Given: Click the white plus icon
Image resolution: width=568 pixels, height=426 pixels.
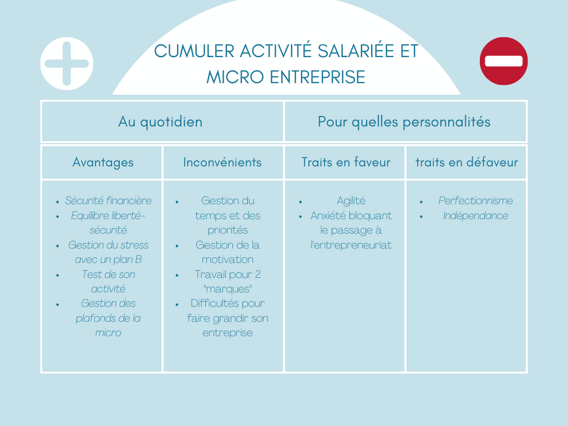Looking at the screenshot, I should pyautogui.click(x=67, y=63).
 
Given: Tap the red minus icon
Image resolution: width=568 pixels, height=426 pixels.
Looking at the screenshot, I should pyautogui.click(x=504, y=61).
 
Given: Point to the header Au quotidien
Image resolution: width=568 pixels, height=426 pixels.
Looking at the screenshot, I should pyautogui.click(x=160, y=121).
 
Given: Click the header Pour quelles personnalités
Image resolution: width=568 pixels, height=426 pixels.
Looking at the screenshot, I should pyautogui.click(x=404, y=121).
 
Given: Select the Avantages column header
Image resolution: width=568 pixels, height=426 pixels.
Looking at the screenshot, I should pyautogui.click(x=103, y=162).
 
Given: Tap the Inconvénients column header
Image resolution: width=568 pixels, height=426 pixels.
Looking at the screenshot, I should pyautogui.click(x=222, y=162).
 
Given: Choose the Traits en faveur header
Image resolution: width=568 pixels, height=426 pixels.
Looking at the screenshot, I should pyautogui.click(x=346, y=162).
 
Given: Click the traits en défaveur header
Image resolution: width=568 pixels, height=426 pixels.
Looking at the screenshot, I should pyautogui.click(x=466, y=162).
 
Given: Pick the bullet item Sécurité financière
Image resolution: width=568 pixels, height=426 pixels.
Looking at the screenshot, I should pyautogui.click(x=108, y=201).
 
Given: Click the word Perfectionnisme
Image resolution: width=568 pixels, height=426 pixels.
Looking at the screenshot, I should pyautogui.click(x=475, y=201).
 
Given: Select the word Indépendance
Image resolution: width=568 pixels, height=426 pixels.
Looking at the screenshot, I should pyautogui.click(x=475, y=216).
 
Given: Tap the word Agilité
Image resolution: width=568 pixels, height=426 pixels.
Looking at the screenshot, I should pyautogui.click(x=351, y=201).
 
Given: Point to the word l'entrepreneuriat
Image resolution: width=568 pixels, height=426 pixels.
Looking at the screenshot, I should pyautogui.click(x=351, y=245).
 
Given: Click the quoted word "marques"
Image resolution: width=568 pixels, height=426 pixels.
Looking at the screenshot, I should pyautogui.click(x=227, y=289).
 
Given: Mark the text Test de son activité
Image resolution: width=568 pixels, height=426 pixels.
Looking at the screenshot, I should pyautogui.click(x=108, y=281).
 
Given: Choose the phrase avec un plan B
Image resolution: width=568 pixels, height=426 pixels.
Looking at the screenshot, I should pyautogui.click(x=108, y=260).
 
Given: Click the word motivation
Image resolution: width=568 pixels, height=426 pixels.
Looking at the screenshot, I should pyautogui.click(x=227, y=260).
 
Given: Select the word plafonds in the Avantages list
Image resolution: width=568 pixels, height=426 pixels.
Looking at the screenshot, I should pyautogui.click(x=97, y=318).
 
